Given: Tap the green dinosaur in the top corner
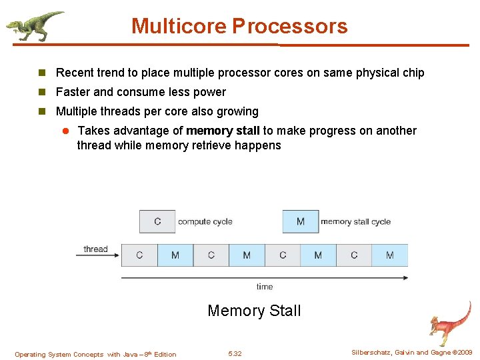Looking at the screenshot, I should coord(33,25).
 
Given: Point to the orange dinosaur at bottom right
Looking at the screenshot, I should coord(450,323).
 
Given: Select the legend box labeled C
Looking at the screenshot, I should coord(157,221).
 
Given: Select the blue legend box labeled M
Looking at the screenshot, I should coord(300,221).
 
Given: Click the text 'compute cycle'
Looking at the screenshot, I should coord(205,221).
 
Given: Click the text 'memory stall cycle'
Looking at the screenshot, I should coord(356,221).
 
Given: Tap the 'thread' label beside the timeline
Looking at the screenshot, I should coord(95,249).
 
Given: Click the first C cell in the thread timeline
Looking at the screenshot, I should coord(139,255).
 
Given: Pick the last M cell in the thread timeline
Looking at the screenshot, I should coord(390,255).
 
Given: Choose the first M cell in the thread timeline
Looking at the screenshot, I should coord(175,255).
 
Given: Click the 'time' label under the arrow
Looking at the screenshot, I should coord(265,287).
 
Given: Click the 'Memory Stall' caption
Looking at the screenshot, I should coord(254,311).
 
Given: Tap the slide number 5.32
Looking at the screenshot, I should coord(235,354).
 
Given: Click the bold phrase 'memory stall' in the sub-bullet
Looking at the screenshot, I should coord(223,131).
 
